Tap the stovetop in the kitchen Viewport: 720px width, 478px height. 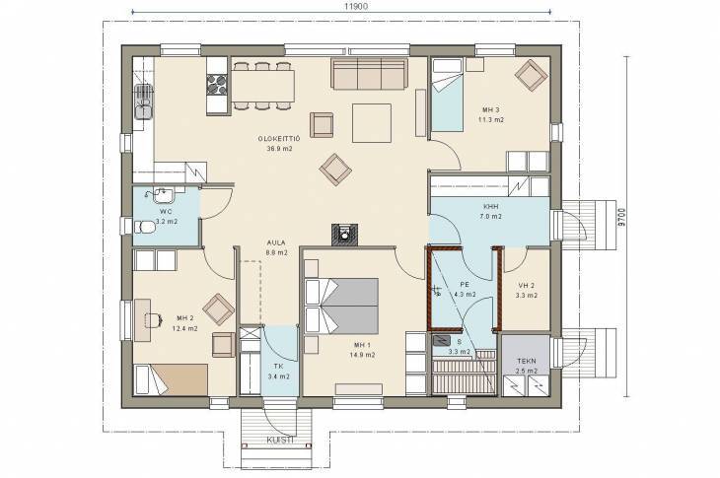[x=217, y=84]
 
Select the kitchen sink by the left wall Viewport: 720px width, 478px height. [x=143, y=102]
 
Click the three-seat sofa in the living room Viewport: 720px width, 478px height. [x=369, y=74]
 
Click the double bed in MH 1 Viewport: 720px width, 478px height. [x=341, y=306]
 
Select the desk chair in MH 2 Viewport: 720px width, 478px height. [x=152, y=319]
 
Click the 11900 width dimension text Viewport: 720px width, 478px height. [x=356, y=6]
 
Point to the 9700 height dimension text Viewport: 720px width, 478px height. [x=621, y=218]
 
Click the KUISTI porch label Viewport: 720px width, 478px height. [x=280, y=440]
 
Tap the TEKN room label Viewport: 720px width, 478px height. [x=527, y=361]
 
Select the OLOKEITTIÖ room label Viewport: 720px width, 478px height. [x=279, y=139]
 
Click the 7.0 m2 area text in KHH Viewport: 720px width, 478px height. [x=490, y=216]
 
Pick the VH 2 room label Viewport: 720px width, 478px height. [x=527, y=286]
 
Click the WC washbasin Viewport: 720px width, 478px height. [x=163, y=195]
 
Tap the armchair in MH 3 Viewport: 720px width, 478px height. [x=532, y=75]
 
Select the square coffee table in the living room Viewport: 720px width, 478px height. [x=372, y=123]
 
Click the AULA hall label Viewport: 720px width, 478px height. [x=276, y=242]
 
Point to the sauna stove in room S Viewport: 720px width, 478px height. [x=442, y=340]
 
